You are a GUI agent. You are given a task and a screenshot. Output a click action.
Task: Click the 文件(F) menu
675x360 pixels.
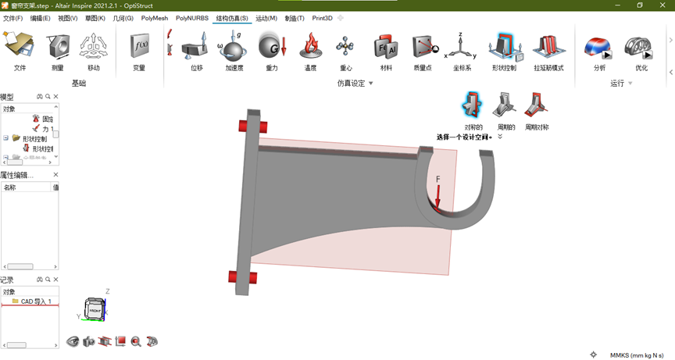coord(12,18)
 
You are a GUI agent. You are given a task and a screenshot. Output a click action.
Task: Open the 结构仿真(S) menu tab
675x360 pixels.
coord(232,18)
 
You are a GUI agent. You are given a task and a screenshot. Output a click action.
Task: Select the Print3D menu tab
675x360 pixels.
coord(322,18)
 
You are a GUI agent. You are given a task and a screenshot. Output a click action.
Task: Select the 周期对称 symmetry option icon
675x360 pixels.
coord(536,105)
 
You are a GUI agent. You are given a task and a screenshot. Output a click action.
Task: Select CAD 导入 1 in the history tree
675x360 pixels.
coord(36,301)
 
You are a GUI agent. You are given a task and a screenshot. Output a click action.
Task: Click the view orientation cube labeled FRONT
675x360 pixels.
coord(95,310)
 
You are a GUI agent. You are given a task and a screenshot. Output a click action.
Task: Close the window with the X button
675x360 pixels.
coord(660,5)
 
